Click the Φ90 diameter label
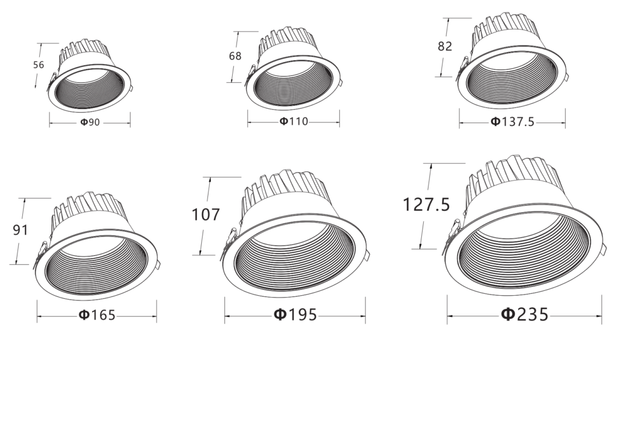coord(90,122)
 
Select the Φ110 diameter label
coord(294,121)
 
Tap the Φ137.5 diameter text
coord(512,122)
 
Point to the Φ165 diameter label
coord(97,315)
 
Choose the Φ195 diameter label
coord(295,314)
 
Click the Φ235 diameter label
coord(525,314)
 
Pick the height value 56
coord(39,65)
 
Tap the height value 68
coord(235,56)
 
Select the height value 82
coord(444,46)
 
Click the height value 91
coord(21,230)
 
